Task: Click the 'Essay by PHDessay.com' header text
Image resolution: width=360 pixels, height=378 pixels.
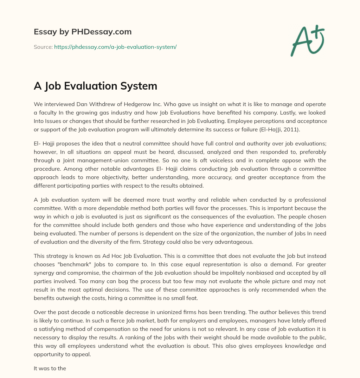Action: click(x=83, y=32)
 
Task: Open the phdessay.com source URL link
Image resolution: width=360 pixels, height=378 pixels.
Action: click(x=115, y=47)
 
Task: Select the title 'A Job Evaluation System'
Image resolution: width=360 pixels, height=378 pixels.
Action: click(x=95, y=86)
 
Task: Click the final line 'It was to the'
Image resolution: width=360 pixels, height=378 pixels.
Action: click(x=50, y=369)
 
